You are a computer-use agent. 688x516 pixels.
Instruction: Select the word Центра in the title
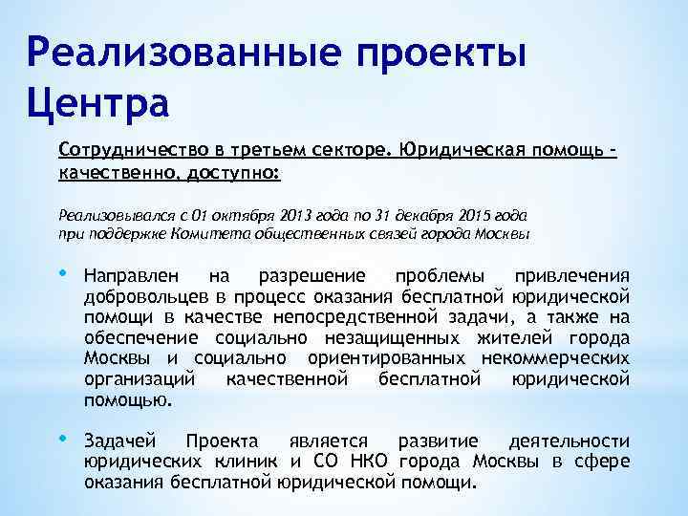(94, 100)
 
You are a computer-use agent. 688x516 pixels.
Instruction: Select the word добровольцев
(140, 295)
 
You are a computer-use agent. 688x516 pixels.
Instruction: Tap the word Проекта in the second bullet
(221, 441)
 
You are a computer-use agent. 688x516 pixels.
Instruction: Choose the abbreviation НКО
(367, 462)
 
